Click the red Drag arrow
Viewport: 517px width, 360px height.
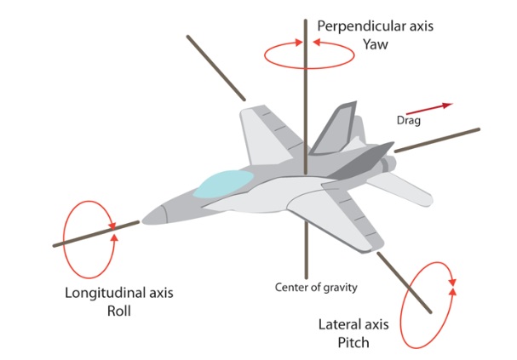click(435, 107)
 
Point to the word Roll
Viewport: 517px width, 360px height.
click(119, 311)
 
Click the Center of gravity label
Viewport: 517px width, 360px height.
click(315, 287)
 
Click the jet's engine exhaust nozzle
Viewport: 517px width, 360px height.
click(389, 163)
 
